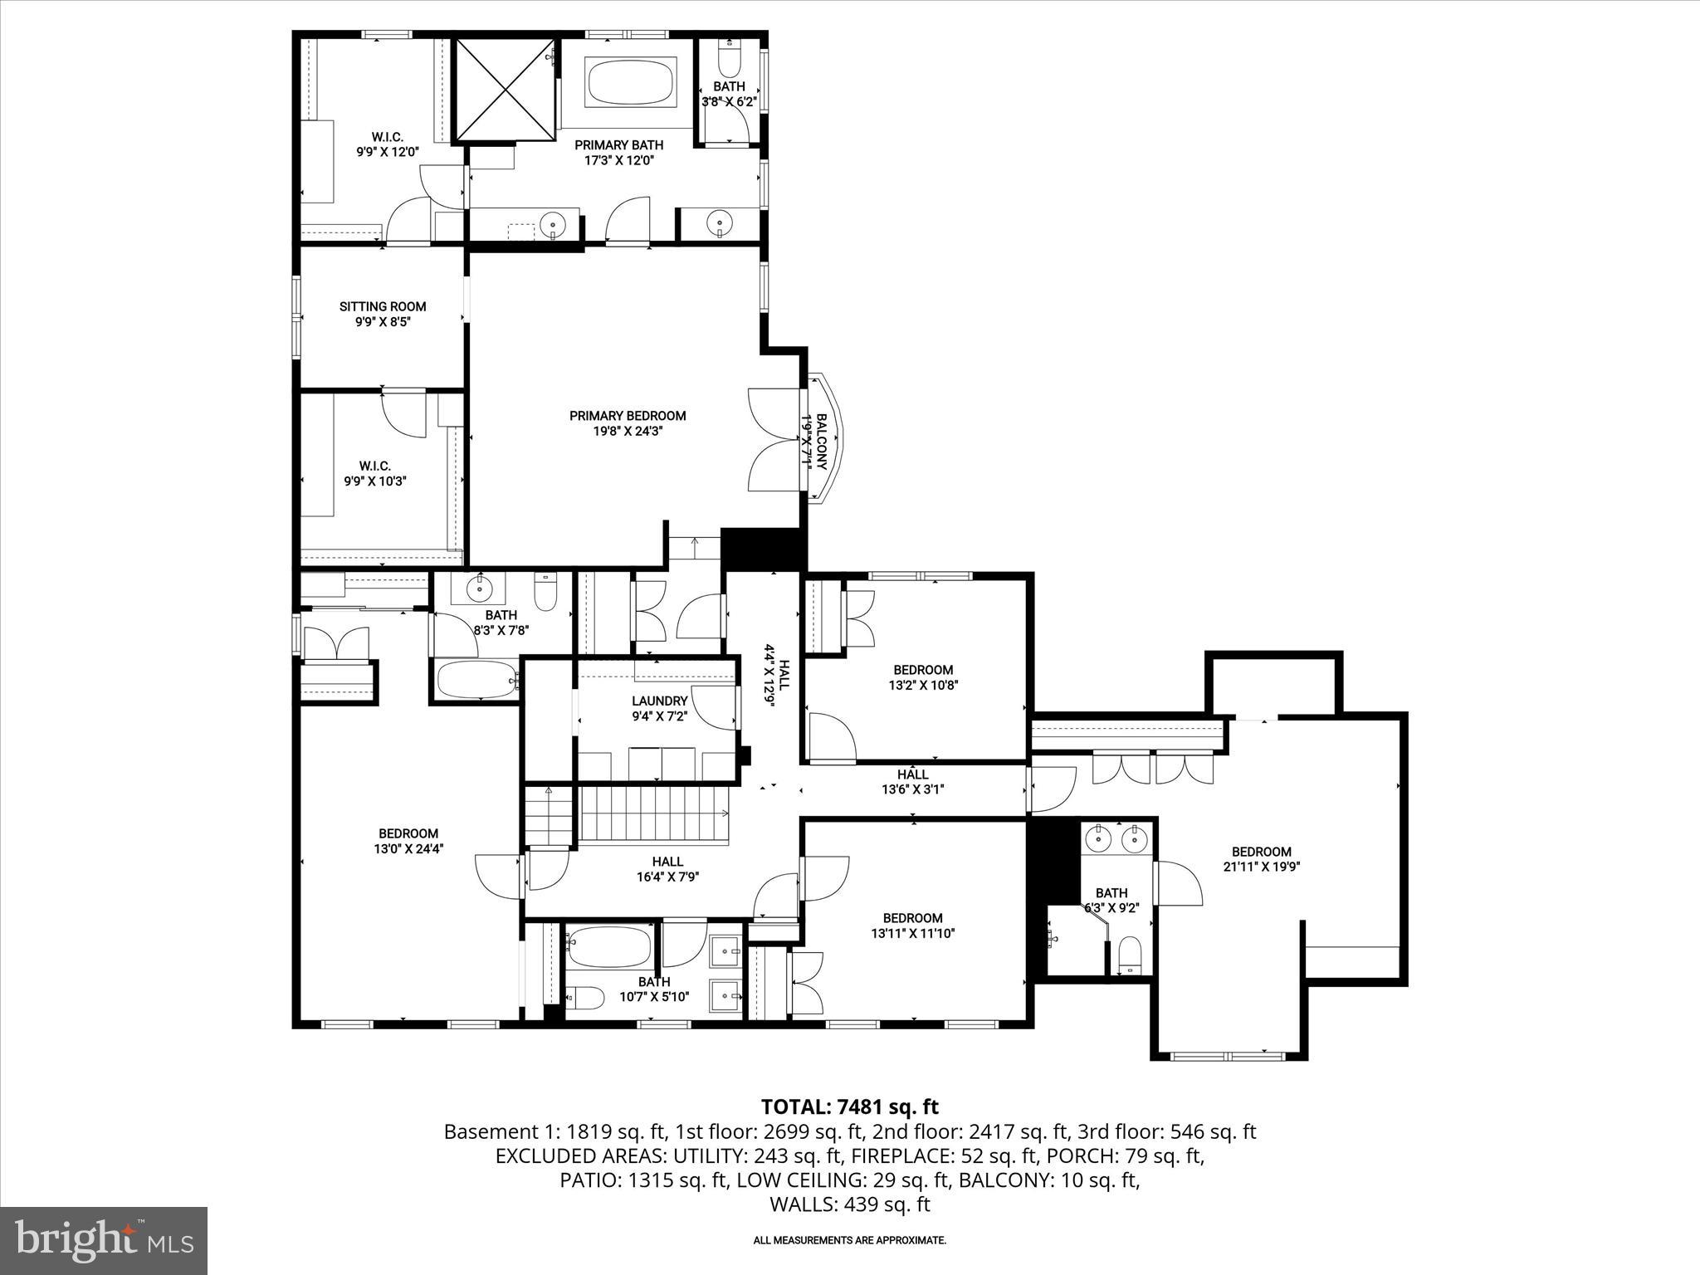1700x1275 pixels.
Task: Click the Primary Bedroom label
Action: click(x=628, y=416)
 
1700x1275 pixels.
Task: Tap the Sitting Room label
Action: click(x=383, y=306)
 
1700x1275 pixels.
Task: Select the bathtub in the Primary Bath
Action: click(x=633, y=81)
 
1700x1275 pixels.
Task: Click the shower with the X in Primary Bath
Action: click(x=505, y=89)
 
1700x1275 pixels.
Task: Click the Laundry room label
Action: click(x=659, y=701)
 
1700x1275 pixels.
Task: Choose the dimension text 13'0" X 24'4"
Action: click(x=408, y=849)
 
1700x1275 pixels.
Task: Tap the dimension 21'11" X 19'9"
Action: click(x=1261, y=867)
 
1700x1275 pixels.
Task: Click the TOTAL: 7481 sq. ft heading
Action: click(x=849, y=1106)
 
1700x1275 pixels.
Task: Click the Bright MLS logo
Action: click(x=104, y=1240)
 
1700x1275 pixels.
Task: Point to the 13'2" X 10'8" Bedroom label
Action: click(x=922, y=670)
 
